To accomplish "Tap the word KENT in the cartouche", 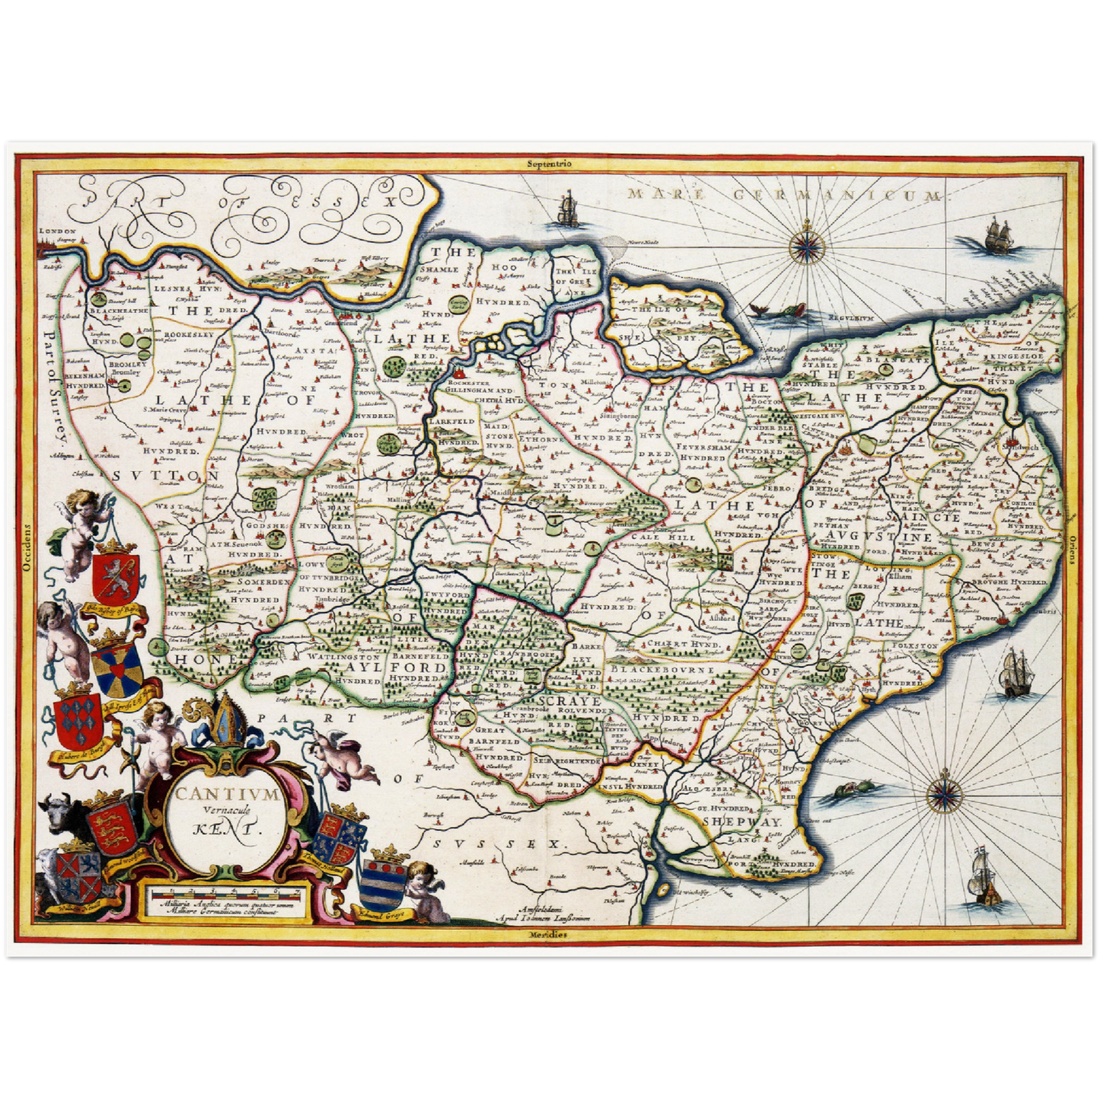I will point(228,828).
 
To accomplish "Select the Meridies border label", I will point(549,934).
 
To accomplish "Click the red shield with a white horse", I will point(115,576).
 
